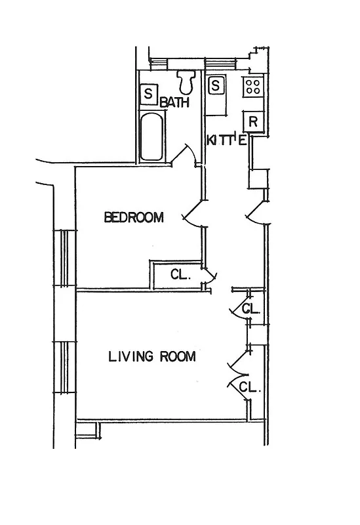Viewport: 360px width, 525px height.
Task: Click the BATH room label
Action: click(175, 102)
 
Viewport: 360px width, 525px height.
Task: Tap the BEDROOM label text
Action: click(134, 218)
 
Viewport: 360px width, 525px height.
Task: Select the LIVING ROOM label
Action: click(151, 356)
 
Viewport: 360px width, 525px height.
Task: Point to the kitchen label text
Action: click(226, 140)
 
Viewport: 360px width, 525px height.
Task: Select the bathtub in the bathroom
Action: click(151, 137)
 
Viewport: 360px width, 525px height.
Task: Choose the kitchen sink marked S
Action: click(216, 85)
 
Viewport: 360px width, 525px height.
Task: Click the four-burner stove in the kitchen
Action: click(253, 85)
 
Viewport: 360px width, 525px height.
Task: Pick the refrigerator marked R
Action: click(253, 121)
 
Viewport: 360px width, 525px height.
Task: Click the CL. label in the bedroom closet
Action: click(180, 275)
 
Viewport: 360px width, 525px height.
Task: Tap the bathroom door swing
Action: click(186, 154)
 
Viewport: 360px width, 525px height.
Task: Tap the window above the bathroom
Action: click(159, 64)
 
